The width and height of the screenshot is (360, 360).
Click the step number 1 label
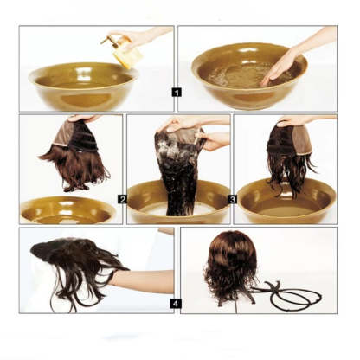click(177, 91)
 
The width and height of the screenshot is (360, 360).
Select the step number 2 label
click(123, 199)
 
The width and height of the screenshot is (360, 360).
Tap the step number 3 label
click(233, 199)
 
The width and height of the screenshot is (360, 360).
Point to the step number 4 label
click(176, 304)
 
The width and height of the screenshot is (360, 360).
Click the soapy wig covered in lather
click(179, 169)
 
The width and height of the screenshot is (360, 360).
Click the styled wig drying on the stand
click(230, 264)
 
